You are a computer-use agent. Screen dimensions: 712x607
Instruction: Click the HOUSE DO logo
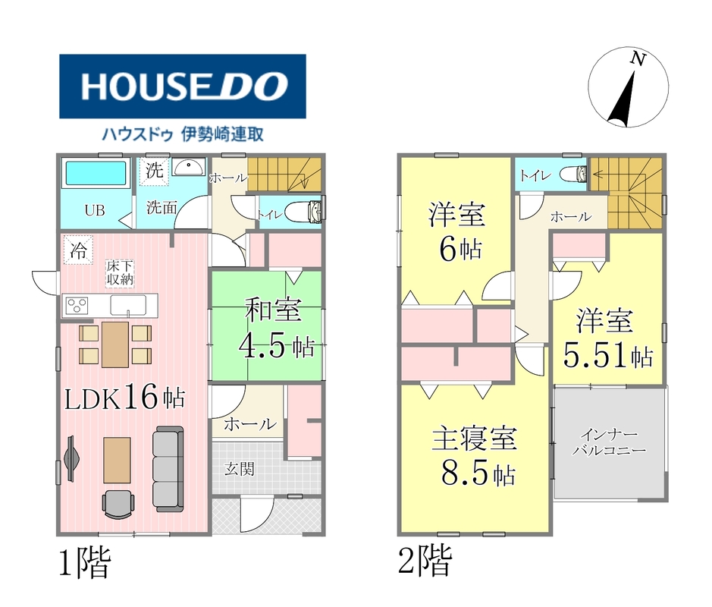(183, 86)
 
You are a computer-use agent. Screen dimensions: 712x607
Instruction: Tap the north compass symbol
(629, 86)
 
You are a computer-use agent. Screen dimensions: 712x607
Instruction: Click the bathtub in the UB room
(96, 173)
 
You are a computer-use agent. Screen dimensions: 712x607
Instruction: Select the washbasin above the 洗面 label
(189, 167)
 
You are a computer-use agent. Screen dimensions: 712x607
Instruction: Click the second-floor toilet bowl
(573, 174)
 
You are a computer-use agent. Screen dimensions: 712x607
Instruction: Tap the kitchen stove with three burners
(77, 305)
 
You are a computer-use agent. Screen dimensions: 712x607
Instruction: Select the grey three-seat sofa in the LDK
(168, 468)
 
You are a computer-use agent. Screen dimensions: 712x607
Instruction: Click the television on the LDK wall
(71, 458)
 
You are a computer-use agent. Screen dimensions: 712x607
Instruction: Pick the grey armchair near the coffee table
(118, 504)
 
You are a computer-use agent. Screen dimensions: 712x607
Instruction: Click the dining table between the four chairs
(115, 344)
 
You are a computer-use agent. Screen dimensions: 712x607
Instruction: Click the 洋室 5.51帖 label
(607, 338)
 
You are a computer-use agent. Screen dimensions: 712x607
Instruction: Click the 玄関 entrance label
(240, 469)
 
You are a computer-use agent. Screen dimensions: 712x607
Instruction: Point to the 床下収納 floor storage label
(120, 272)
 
